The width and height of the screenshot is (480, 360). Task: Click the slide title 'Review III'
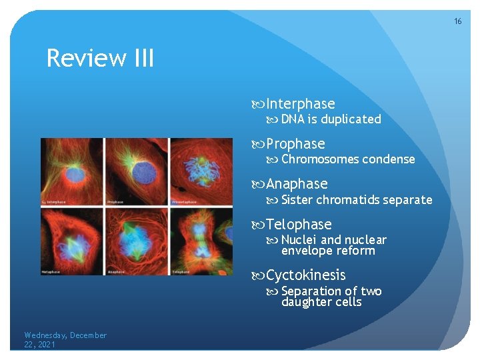[100, 59]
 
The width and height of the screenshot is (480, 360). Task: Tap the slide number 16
[457, 22]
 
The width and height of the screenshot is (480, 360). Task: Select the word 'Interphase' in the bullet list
[300, 104]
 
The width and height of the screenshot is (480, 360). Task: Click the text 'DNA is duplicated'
[331, 119]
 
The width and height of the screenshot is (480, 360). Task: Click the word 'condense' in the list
[389, 159]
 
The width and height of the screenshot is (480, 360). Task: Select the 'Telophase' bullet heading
[299, 225]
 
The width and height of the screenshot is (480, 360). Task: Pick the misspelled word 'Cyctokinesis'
[306, 275]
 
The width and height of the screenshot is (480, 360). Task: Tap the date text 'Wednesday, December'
[65, 335]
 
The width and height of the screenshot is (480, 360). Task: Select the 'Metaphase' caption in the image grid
[53, 271]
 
